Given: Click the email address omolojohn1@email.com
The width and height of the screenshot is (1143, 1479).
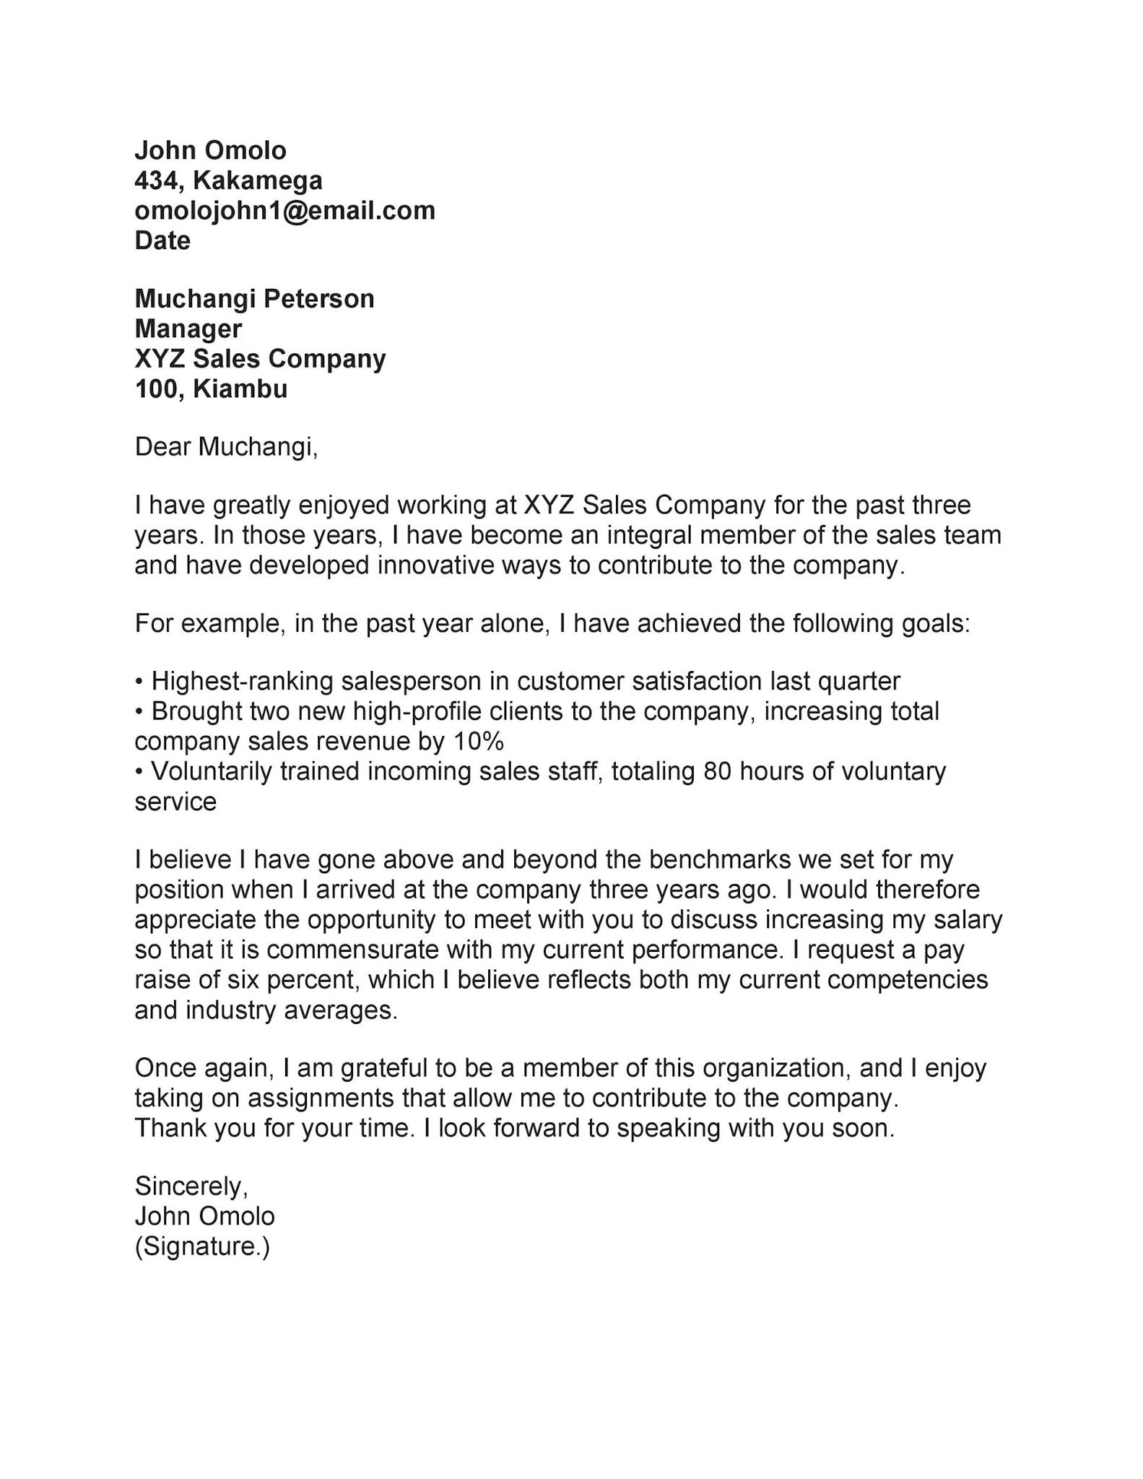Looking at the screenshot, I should [x=284, y=211].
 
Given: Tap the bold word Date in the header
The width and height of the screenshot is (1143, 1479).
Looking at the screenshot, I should [x=162, y=240].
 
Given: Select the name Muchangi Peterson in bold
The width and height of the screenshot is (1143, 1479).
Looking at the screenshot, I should [x=254, y=299].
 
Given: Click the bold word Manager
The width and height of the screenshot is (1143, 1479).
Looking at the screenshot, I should [x=188, y=329].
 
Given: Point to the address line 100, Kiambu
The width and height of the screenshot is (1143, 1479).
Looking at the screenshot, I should [x=211, y=389].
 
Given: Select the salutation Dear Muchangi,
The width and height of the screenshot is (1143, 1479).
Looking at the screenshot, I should [x=226, y=447].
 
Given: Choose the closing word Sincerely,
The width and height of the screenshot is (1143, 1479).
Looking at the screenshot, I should [x=191, y=1186].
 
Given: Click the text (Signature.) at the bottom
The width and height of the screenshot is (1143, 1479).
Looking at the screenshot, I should [x=202, y=1246].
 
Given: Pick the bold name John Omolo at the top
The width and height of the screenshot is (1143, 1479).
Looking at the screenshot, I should [x=211, y=150].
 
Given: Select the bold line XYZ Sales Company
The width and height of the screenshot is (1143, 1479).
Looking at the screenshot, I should [x=260, y=359].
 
